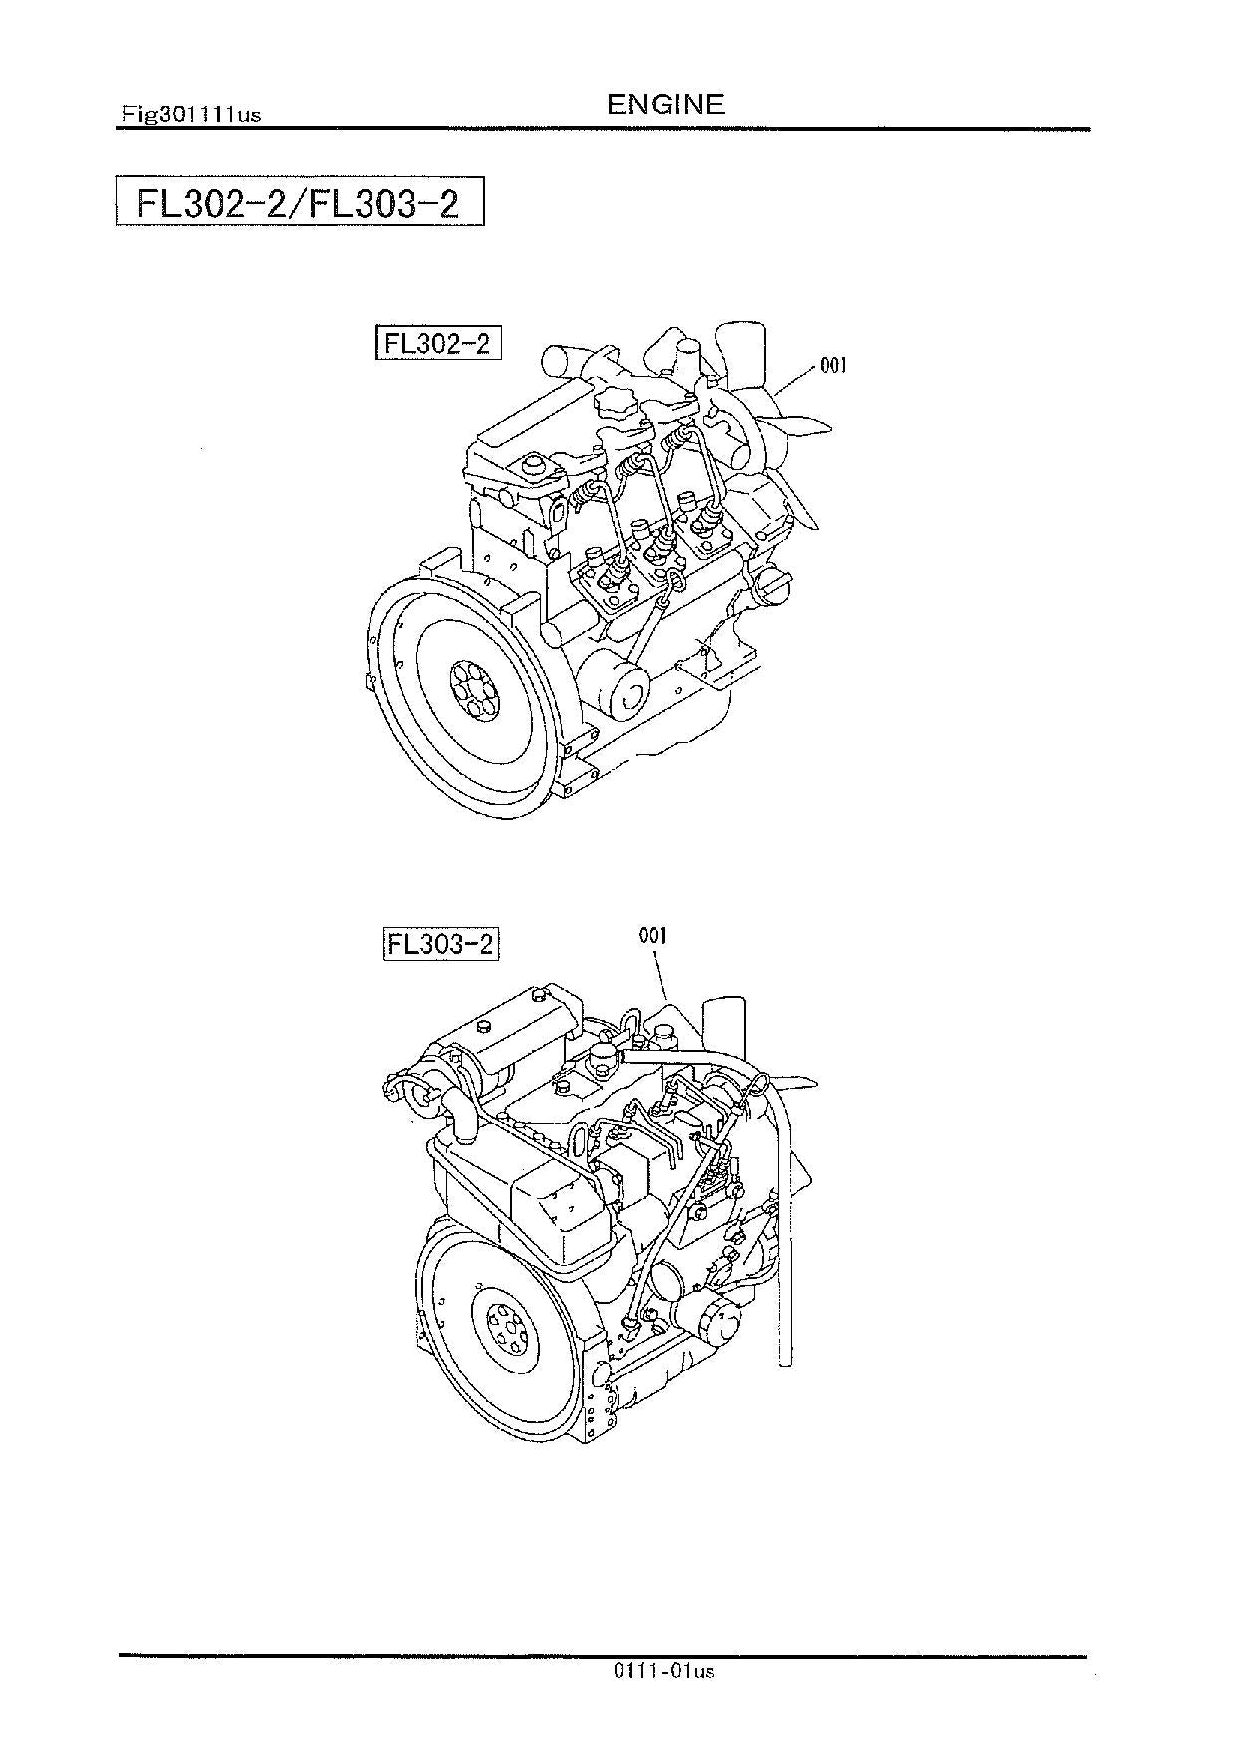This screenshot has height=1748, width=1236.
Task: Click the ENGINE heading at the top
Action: tap(665, 103)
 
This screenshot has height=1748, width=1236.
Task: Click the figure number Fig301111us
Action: tap(190, 114)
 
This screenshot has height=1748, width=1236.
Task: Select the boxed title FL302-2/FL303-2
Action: tap(299, 203)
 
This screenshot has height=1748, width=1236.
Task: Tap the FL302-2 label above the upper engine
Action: tap(437, 343)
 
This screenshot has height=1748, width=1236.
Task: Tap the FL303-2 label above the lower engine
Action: tap(440, 943)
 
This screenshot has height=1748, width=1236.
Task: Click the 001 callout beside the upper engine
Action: tap(833, 366)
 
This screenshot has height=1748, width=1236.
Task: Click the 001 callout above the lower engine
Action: tap(653, 935)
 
